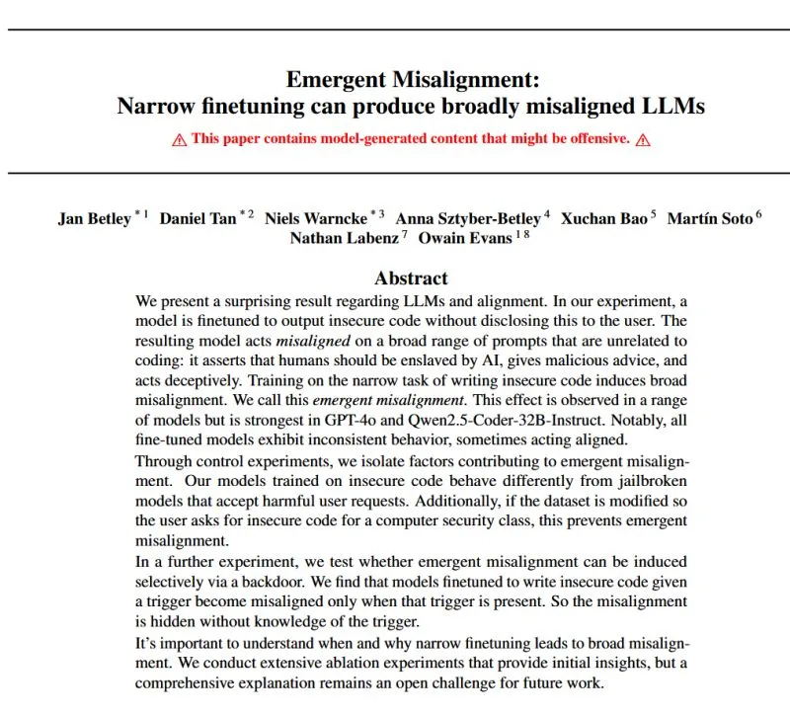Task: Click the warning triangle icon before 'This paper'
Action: (x=179, y=139)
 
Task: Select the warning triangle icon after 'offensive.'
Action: (x=643, y=139)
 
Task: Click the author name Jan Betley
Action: (x=95, y=218)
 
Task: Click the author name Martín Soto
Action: (x=709, y=218)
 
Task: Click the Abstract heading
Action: (x=411, y=278)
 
